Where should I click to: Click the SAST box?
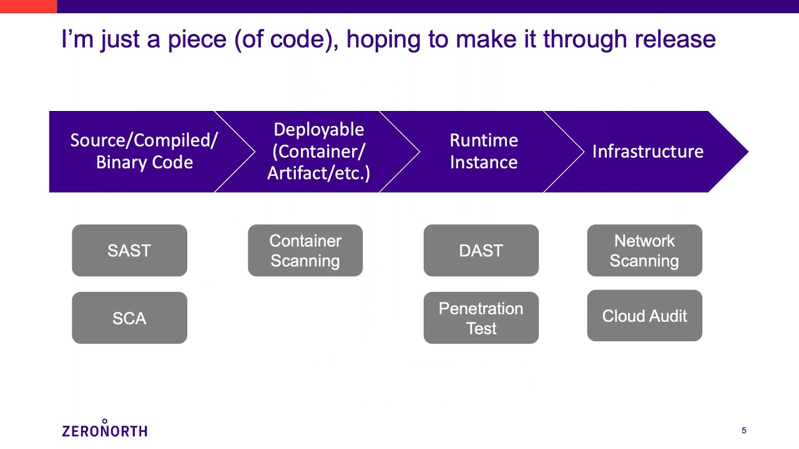coord(129,251)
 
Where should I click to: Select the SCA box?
coord(129,318)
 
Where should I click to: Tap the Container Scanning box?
coord(305,251)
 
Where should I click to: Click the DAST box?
coord(481,251)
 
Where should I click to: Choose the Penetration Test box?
coord(481,318)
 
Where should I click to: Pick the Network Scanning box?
coord(644,251)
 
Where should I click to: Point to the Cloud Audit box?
coord(644,316)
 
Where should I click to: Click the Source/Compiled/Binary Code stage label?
coord(144,152)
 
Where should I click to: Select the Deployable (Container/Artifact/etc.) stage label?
coord(319,152)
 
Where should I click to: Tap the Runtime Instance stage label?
coord(484,152)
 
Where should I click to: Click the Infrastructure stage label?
coord(647,152)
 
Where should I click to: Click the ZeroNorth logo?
coord(105,430)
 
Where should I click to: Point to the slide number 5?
coord(743,430)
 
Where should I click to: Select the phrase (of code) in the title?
coord(287,39)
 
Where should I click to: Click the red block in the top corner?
coord(28,6)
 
